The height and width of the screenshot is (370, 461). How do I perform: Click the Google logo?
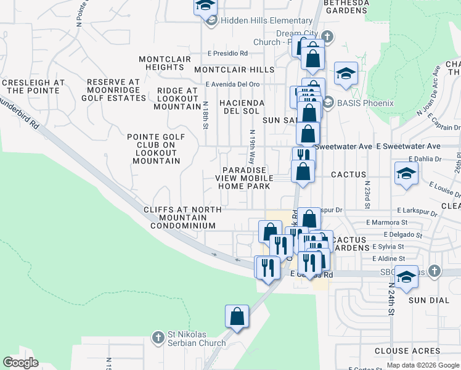pyautogui.click(x=20, y=363)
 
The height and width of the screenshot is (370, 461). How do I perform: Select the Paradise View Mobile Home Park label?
pyautogui.click(x=244, y=178)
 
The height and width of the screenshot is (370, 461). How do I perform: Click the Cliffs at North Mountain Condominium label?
pyautogui.click(x=182, y=218)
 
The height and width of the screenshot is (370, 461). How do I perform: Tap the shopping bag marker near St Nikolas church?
pyautogui.click(x=237, y=317)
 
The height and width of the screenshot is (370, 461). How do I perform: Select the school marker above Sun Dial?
pyautogui.click(x=407, y=277)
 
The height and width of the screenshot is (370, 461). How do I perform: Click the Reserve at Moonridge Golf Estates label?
pyautogui.click(x=122, y=89)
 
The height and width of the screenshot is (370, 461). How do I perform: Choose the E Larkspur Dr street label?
pyautogui.click(x=416, y=211)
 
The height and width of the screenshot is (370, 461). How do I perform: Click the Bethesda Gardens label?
pyautogui.click(x=346, y=6)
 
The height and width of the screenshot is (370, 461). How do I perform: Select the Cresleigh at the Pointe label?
pyautogui.click(x=33, y=86)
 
